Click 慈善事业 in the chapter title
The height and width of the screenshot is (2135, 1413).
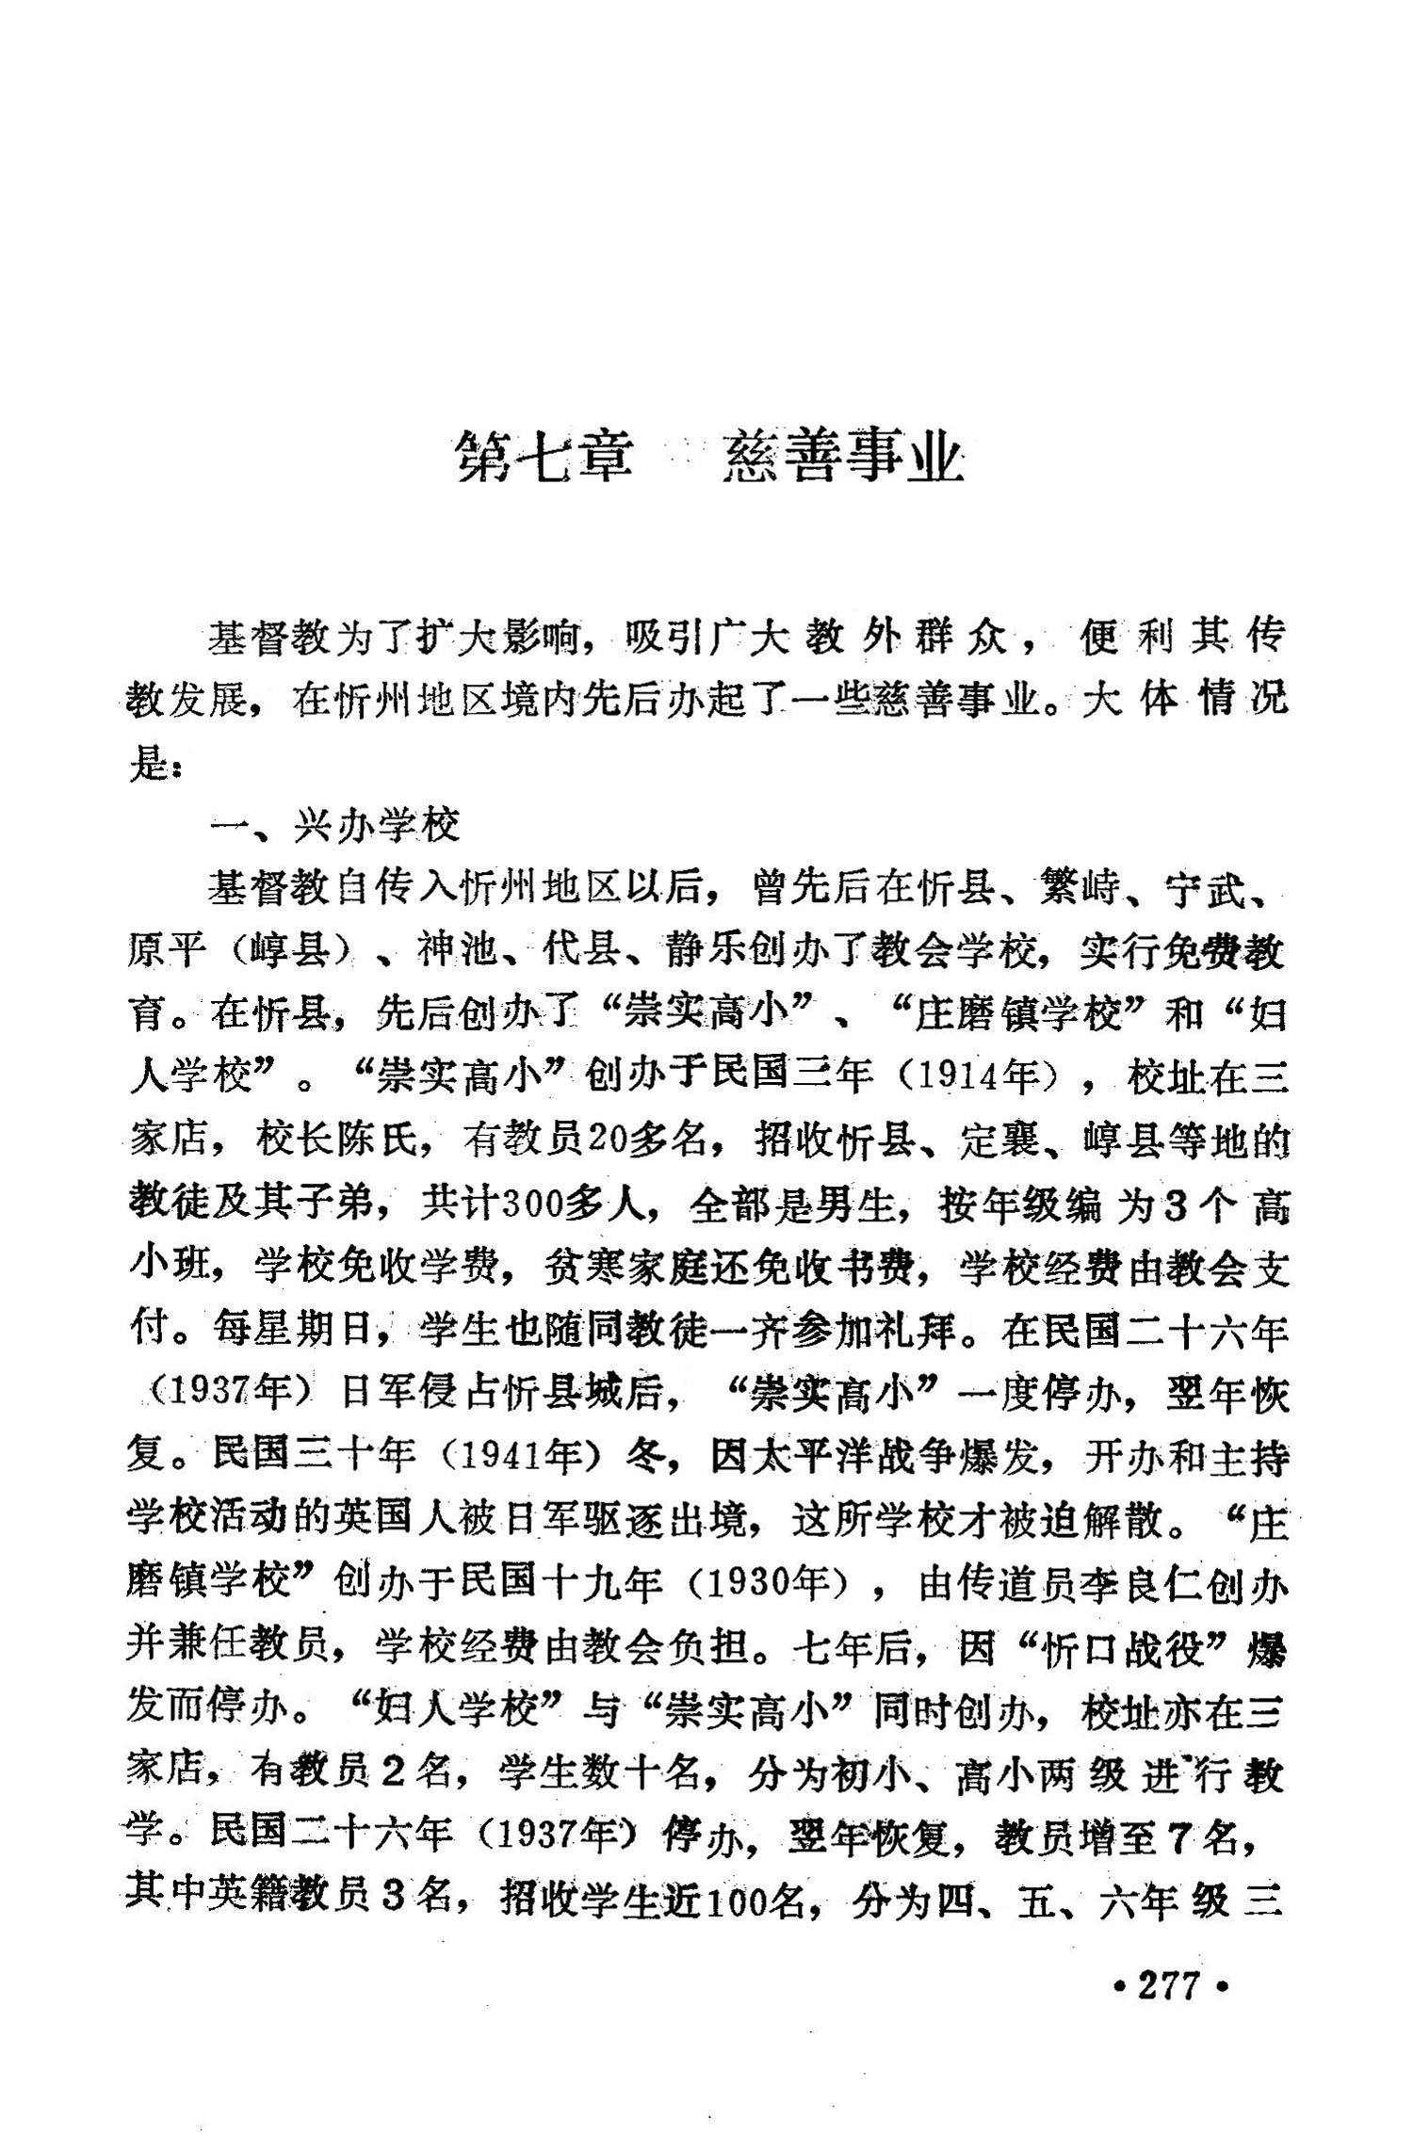843,459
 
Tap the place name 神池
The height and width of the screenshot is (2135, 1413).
458,952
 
